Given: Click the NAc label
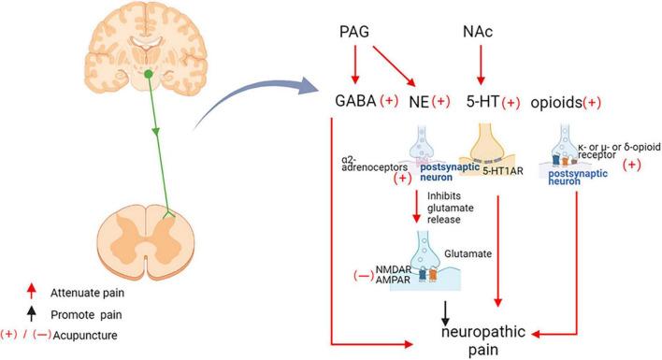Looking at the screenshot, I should click(478, 34).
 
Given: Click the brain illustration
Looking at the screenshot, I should click(149, 48).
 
